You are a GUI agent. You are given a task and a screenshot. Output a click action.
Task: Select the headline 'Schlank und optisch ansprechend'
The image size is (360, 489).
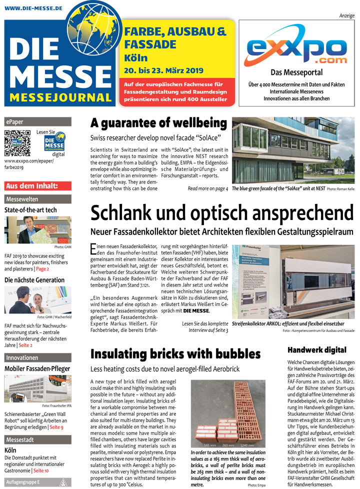tap(221, 213)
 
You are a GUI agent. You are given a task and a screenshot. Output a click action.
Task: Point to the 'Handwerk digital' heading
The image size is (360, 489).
tap(317, 350)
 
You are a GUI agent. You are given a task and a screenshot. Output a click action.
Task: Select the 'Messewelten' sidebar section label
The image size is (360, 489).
tap(22, 199)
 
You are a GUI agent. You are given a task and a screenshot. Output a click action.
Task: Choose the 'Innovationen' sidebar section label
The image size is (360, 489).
tap(22, 357)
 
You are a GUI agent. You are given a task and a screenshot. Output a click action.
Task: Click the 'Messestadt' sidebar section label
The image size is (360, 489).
tap(20, 439)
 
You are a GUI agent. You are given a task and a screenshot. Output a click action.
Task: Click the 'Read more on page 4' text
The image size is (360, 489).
tap(207, 188)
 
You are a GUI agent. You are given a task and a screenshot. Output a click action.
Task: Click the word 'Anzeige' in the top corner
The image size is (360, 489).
tap(346, 16)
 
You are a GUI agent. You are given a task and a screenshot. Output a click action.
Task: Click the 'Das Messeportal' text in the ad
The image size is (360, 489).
tap(296, 72)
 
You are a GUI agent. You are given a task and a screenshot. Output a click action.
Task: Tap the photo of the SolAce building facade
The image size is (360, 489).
tap(293, 150)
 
